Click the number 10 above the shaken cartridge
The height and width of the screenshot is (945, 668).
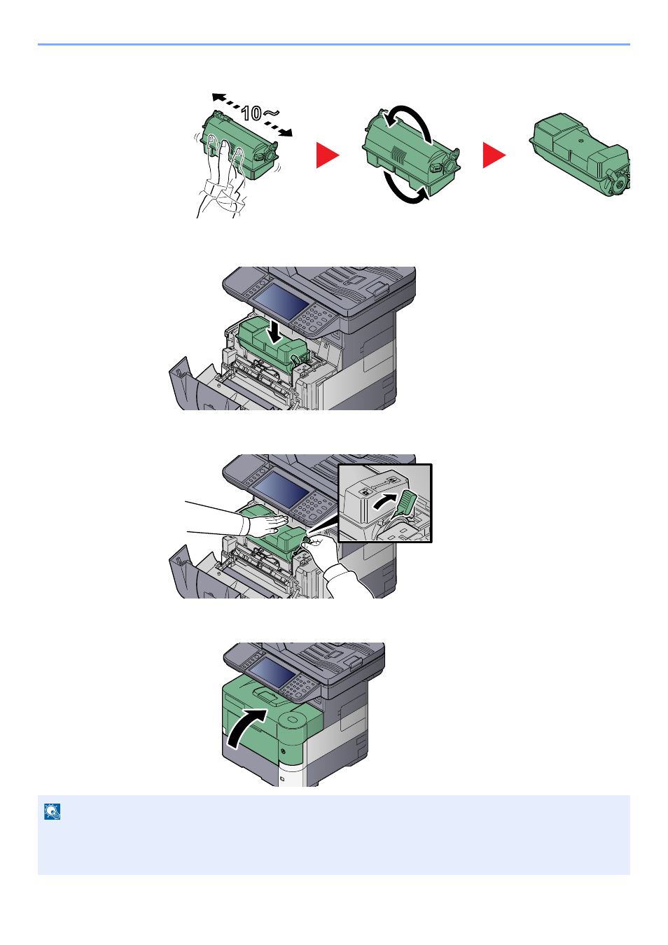pyautogui.click(x=251, y=113)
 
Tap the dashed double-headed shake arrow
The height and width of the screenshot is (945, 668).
pyautogui.click(x=252, y=115)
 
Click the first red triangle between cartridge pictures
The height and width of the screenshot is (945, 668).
pyautogui.click(x=328, y=155)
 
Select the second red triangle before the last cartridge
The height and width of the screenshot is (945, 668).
pyautogui.click(x=494, y=155)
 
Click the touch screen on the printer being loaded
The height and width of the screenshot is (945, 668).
pyautogui.click(x=280, y=301)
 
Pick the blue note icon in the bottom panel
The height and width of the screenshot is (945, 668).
pyautogui.click(x=53, y=811)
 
